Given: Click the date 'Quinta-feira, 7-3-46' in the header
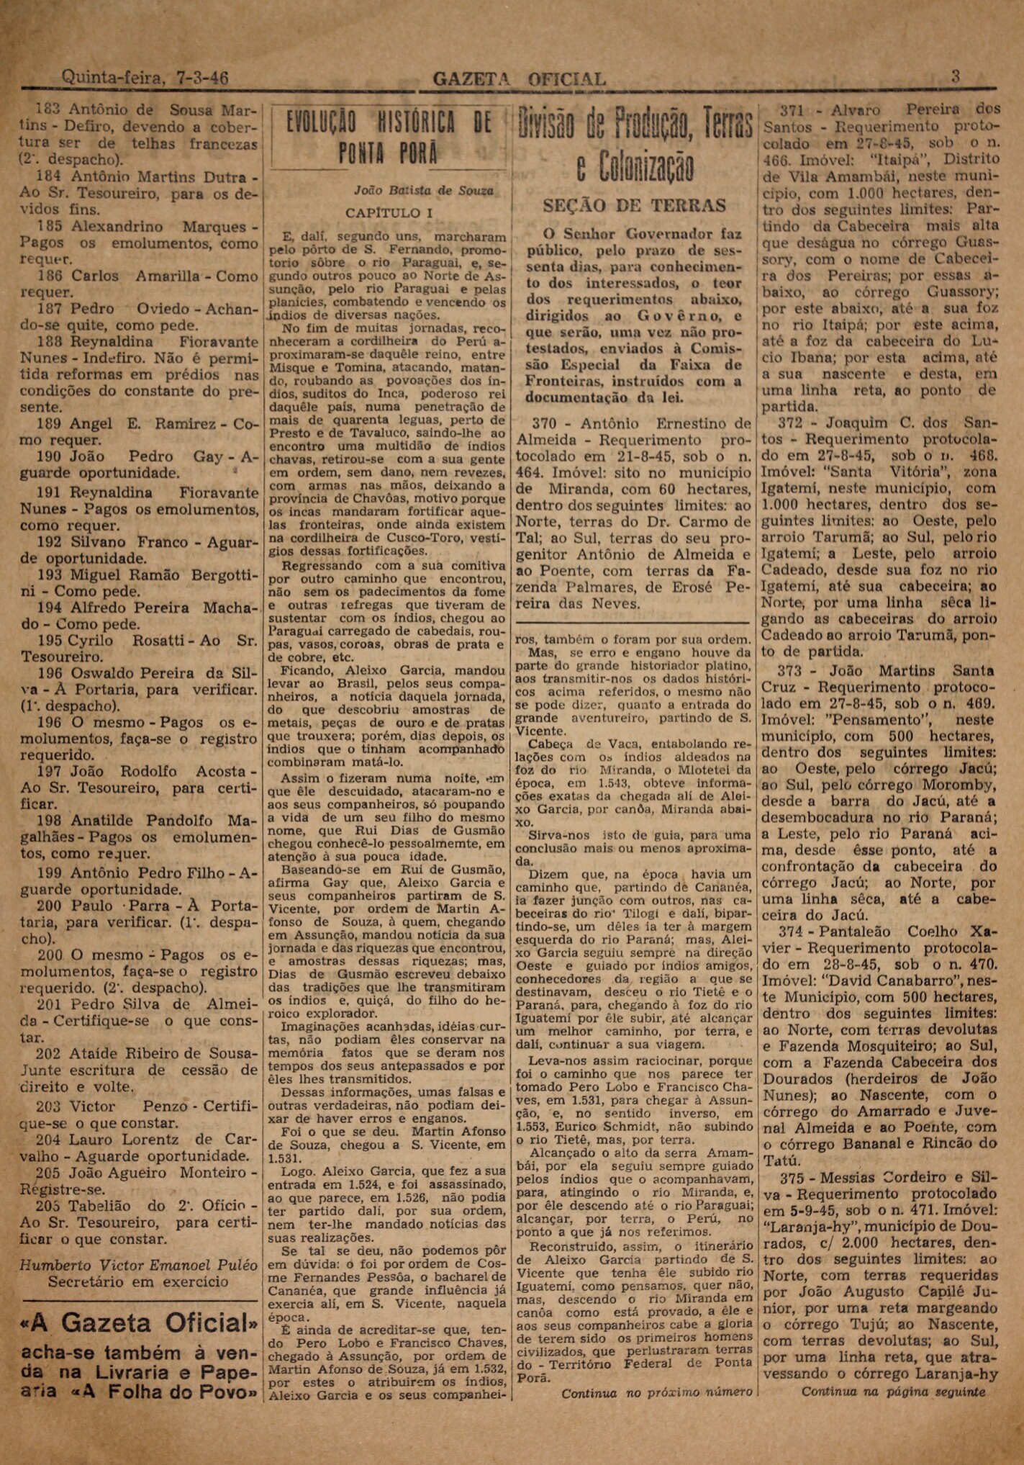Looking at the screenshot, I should [x=145, y=77].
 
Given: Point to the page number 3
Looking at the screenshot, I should [x=956, y=76].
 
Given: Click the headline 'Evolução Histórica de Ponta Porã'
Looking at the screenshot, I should [x=389, y=137].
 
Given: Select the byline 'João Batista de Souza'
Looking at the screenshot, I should [x=423, y=191].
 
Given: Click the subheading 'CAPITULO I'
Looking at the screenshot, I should [x=389, y=213].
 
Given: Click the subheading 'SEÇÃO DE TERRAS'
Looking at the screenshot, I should [x=634, y=206].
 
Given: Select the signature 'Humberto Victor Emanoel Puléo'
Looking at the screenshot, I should [x=138, y=1265].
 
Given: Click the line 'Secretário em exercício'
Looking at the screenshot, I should [x=138, y=1281].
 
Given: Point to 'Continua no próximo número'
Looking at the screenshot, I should [x=656, y=1392].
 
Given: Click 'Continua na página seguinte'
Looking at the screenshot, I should [x=893, y=1392].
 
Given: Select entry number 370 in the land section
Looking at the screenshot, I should [x=545, y=423].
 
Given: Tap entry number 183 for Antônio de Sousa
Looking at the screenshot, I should [x=49, y=109].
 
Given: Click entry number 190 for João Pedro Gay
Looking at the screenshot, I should [x=51, y=456].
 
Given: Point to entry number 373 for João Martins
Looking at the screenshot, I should [x=793, y=671].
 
